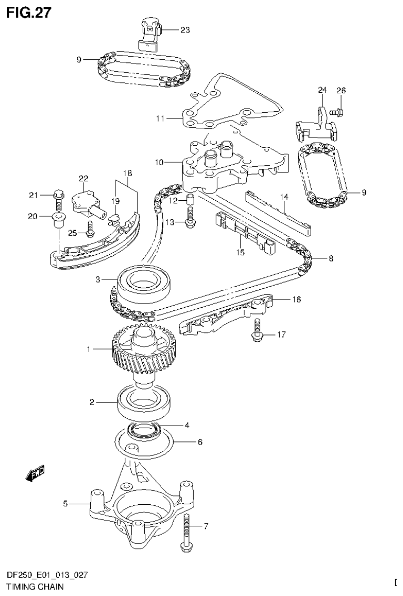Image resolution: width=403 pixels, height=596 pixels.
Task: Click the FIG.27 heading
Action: point(29,12)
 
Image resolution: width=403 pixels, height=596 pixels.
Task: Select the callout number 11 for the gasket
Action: point(160,119)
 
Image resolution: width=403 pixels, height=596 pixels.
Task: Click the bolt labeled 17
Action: point(257,330)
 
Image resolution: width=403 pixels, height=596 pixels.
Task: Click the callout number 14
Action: point(284,197)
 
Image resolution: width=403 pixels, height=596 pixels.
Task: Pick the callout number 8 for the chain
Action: point(330,258)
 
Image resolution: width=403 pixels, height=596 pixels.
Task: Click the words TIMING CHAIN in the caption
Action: point(36,587)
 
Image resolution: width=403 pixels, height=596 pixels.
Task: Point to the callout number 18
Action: point(128,173)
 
